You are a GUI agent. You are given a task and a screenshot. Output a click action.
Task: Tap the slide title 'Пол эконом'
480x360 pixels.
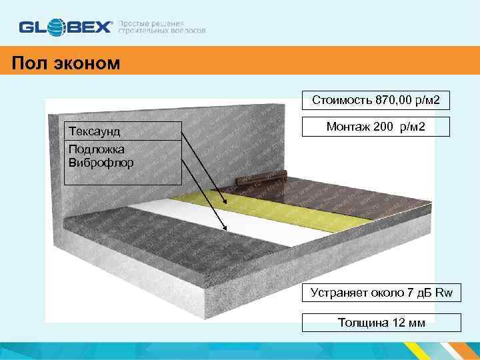(x=65, y=63)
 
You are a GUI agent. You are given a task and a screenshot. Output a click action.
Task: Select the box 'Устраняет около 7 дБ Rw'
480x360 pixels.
(x=382, y=291)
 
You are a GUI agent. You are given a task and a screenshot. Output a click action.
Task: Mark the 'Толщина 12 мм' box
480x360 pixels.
(x=382, y=323)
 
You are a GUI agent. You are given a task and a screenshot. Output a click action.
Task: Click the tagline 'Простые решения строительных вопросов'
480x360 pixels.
(x=162, y=27)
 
